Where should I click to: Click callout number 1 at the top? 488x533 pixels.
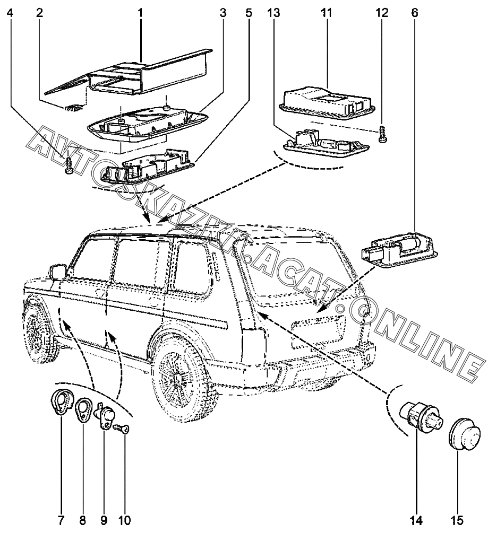(141, 12)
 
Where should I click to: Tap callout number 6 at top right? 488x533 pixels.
(414, 12)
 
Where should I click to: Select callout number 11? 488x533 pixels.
(327, 12)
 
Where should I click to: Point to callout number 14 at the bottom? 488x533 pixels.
(416, 520)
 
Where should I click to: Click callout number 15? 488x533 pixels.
(458, 520)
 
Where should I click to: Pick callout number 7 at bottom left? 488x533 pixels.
(61, 520)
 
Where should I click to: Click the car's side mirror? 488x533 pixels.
(57, 273)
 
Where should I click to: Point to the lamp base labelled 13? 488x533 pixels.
(325, 143)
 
